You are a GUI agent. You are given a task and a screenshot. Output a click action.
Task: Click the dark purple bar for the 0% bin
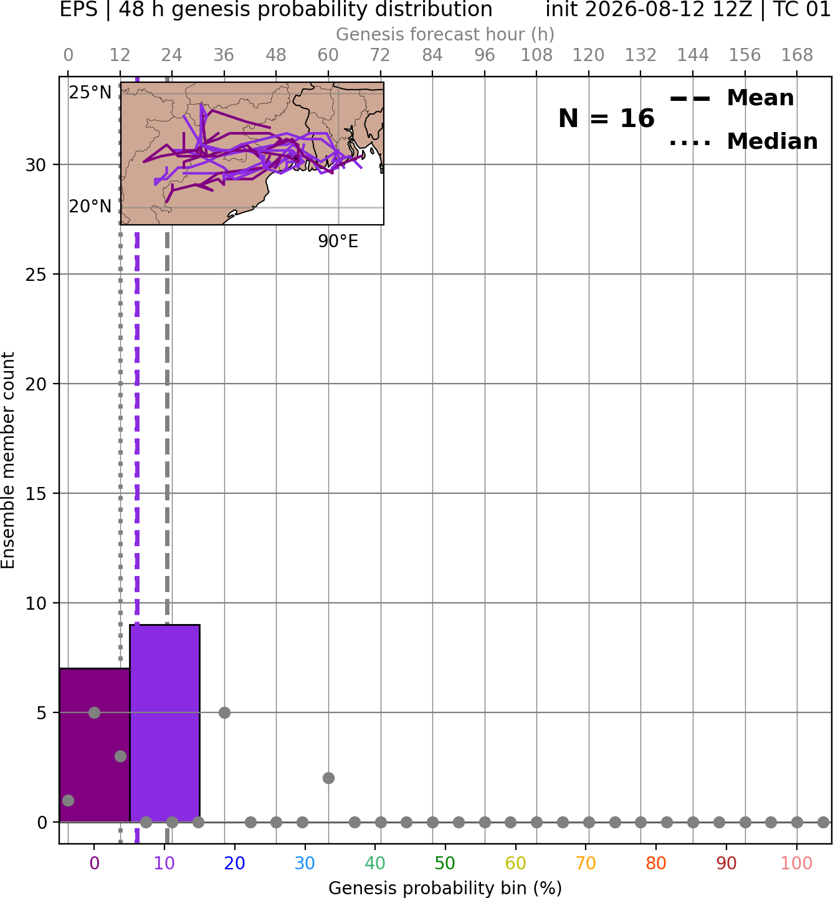95,745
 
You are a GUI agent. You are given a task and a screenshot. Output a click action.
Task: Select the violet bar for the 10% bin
164,723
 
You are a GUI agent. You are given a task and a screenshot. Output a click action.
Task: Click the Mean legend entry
731,98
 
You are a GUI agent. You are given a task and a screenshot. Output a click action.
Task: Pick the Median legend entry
743,141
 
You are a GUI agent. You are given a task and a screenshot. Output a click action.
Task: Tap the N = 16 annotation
606,118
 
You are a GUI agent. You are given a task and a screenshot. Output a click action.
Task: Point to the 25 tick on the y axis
36,275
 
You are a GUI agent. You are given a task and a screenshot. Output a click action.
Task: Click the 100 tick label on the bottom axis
796,863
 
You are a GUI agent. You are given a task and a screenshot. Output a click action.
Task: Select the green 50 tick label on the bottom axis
445,863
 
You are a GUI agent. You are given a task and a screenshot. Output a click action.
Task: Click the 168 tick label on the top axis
797,55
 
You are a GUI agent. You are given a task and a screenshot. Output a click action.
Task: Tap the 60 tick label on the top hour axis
328,55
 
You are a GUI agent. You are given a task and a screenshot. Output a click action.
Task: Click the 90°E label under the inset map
338,242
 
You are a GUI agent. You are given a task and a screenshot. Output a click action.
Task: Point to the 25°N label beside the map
90,93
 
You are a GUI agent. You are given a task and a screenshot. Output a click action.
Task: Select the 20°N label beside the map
90,207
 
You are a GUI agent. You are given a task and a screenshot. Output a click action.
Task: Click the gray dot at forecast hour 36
224,712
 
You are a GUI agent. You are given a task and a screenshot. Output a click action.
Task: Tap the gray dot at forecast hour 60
328,778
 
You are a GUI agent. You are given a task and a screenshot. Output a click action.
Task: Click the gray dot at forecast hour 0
68,801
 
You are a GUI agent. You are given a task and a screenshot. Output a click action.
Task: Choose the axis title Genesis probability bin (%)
445,887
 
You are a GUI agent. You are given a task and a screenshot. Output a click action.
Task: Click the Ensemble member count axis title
8,460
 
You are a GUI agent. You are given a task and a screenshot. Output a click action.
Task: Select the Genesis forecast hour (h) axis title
445,34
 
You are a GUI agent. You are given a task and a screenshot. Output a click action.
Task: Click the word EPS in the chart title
79,9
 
